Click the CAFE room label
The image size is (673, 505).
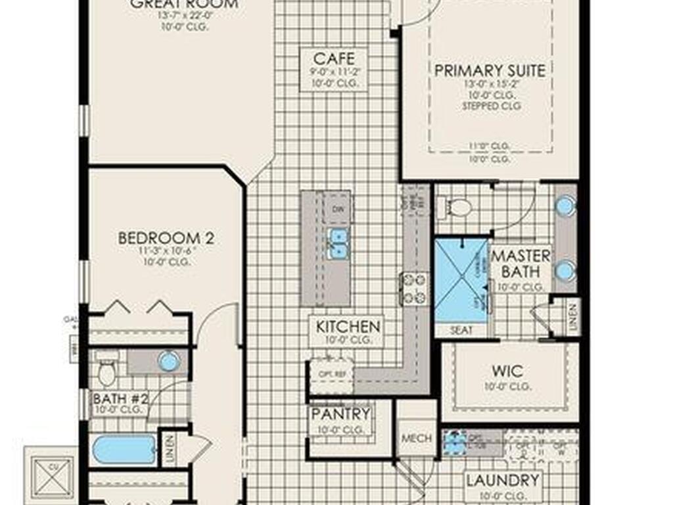click(329, 59)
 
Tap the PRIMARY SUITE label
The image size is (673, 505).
click(490, 70)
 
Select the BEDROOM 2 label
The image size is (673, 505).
click(166, 237)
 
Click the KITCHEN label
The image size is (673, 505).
click(348, 326)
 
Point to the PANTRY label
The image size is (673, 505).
click(340, 414)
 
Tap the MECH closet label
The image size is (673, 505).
click(416, 438)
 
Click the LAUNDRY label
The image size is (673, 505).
click(502, 481)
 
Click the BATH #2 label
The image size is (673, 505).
click(120, 399)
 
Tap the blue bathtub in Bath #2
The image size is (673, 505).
click(124, 450)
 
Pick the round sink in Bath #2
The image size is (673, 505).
click(169, 361)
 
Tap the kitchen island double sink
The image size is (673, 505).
click(338, 243)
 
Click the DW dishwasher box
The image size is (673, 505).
click(337, 210)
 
